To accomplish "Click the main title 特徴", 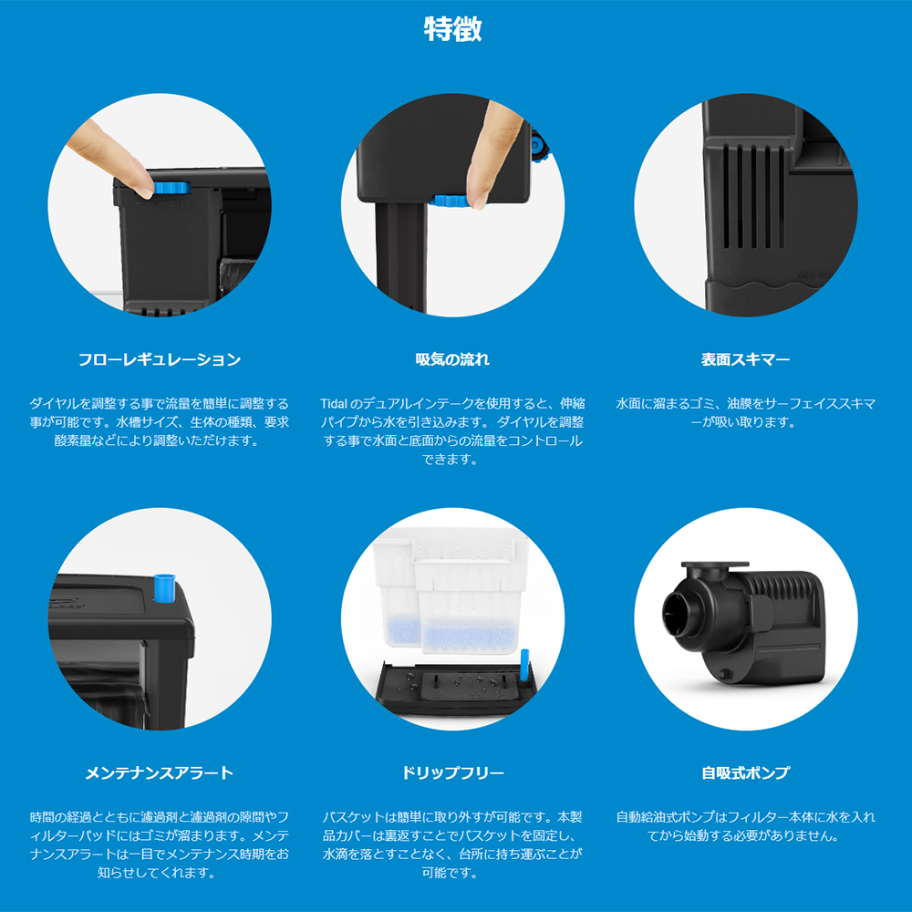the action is (452, 29).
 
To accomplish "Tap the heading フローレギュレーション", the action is (160, 359).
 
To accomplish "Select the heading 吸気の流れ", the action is (452, 359).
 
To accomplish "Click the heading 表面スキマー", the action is (746, 359).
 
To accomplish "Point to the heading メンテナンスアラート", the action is (160, 773).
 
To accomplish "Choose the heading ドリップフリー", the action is (452, 773).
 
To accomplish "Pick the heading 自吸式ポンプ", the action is (746, 773).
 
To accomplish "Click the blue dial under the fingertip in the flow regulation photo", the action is (171, 189).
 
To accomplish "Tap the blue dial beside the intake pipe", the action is (451, 202).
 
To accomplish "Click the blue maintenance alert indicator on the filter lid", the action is (164, 588).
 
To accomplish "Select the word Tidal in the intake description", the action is (334, 404).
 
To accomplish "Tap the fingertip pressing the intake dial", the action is (479, 192).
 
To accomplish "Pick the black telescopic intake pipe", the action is (400, 256).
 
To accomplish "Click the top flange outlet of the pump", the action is (715, 566).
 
